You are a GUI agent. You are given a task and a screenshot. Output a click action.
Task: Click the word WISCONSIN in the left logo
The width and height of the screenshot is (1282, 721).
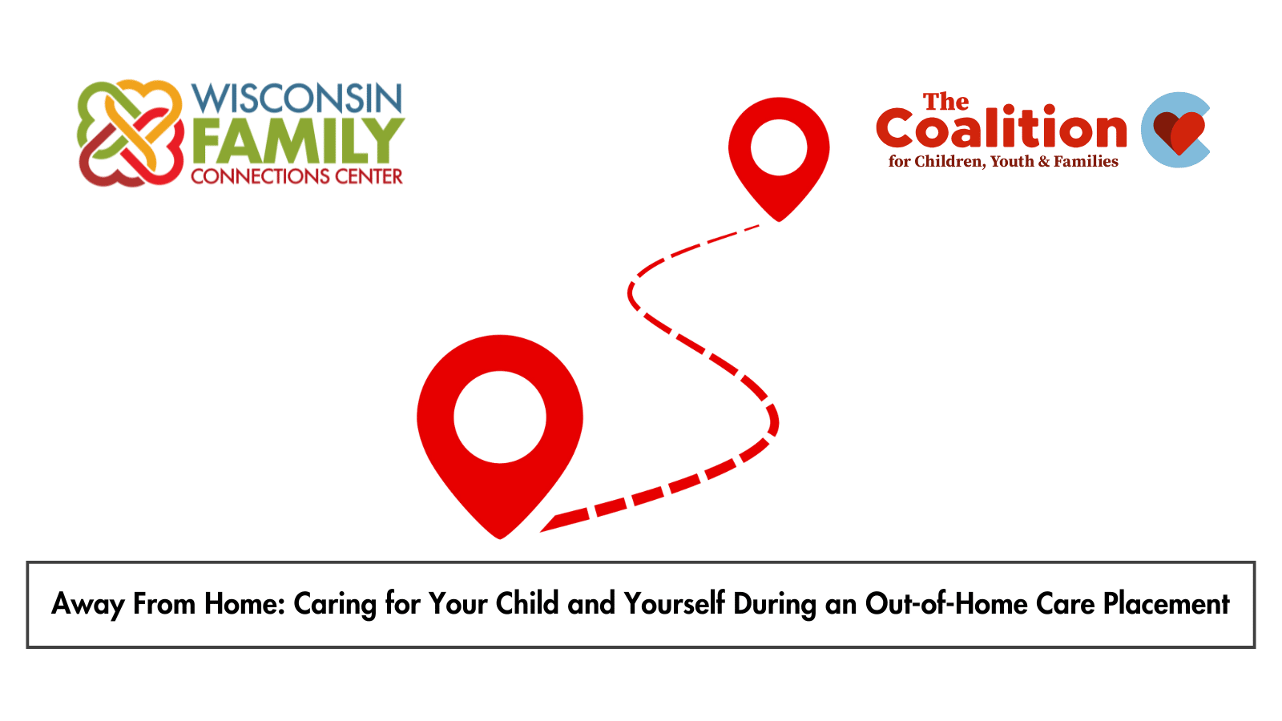tap(297, 99)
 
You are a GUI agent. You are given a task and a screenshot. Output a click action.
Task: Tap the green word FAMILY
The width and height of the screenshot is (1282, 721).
tap(298, 141)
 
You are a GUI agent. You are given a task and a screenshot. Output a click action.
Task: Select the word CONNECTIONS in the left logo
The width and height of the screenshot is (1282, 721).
tap(260, 176)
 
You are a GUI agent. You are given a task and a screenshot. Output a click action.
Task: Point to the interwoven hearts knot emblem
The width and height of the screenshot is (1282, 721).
tap(131, 133)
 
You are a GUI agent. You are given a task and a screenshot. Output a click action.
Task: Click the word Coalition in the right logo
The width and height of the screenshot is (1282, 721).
tap(1001, 128)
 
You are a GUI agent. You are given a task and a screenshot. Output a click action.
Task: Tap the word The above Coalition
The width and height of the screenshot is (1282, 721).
tap(945, 102)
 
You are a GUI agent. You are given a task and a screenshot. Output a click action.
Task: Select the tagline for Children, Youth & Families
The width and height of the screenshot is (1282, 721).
tap(1002, 162)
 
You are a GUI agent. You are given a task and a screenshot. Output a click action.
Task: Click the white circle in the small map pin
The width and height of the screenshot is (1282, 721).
tap(779, 147)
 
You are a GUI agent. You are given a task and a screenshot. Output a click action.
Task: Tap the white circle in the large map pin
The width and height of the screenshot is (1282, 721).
tap(500, 417)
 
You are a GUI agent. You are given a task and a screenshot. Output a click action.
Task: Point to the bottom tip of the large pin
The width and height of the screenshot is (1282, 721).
tap(500, 538)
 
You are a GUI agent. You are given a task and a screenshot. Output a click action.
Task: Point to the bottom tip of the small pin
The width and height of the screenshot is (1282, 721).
tap(779, 221)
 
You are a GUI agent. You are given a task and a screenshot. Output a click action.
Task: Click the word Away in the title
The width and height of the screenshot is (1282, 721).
tap(87, 604)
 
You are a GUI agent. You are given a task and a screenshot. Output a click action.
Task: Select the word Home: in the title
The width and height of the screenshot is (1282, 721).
tap(244, 604)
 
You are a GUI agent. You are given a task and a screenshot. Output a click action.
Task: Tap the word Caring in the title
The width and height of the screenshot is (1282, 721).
tap(335, 605)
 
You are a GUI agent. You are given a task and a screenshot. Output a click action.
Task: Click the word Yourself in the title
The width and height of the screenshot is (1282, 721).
tap(675, 604)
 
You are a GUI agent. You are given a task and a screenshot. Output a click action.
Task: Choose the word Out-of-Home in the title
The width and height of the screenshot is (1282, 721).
tap(946, 604)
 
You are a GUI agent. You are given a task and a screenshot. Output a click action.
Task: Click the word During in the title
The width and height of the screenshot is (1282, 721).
tap(775, 605)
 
